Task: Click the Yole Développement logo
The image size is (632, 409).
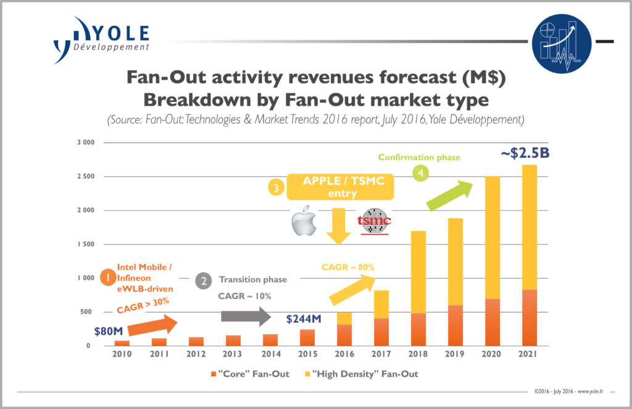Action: coord(102,41)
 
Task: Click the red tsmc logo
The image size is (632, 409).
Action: coord(375,223)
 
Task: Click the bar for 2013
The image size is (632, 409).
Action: coord(233,340)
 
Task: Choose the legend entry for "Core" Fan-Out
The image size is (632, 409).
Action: coord(250,374)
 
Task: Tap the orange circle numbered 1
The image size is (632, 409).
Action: coord(108,278)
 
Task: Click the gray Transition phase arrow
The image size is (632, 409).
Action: coord(245,317)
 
